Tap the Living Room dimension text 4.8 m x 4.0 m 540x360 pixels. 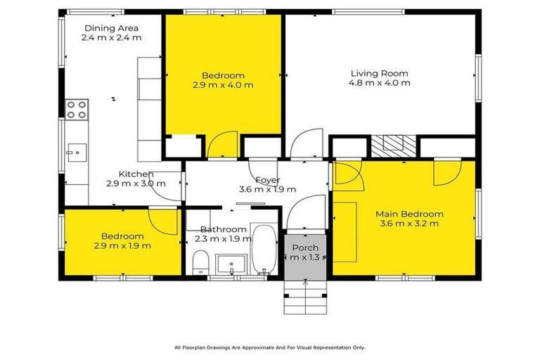(x=379, y=83)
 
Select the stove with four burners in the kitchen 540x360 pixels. (x=77, y=109)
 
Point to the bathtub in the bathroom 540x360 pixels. (x=265, y=250)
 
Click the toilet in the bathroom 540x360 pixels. (x=200, y=262)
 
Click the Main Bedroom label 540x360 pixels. (x=409, y=214)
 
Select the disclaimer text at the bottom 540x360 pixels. (x=269, y=347)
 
